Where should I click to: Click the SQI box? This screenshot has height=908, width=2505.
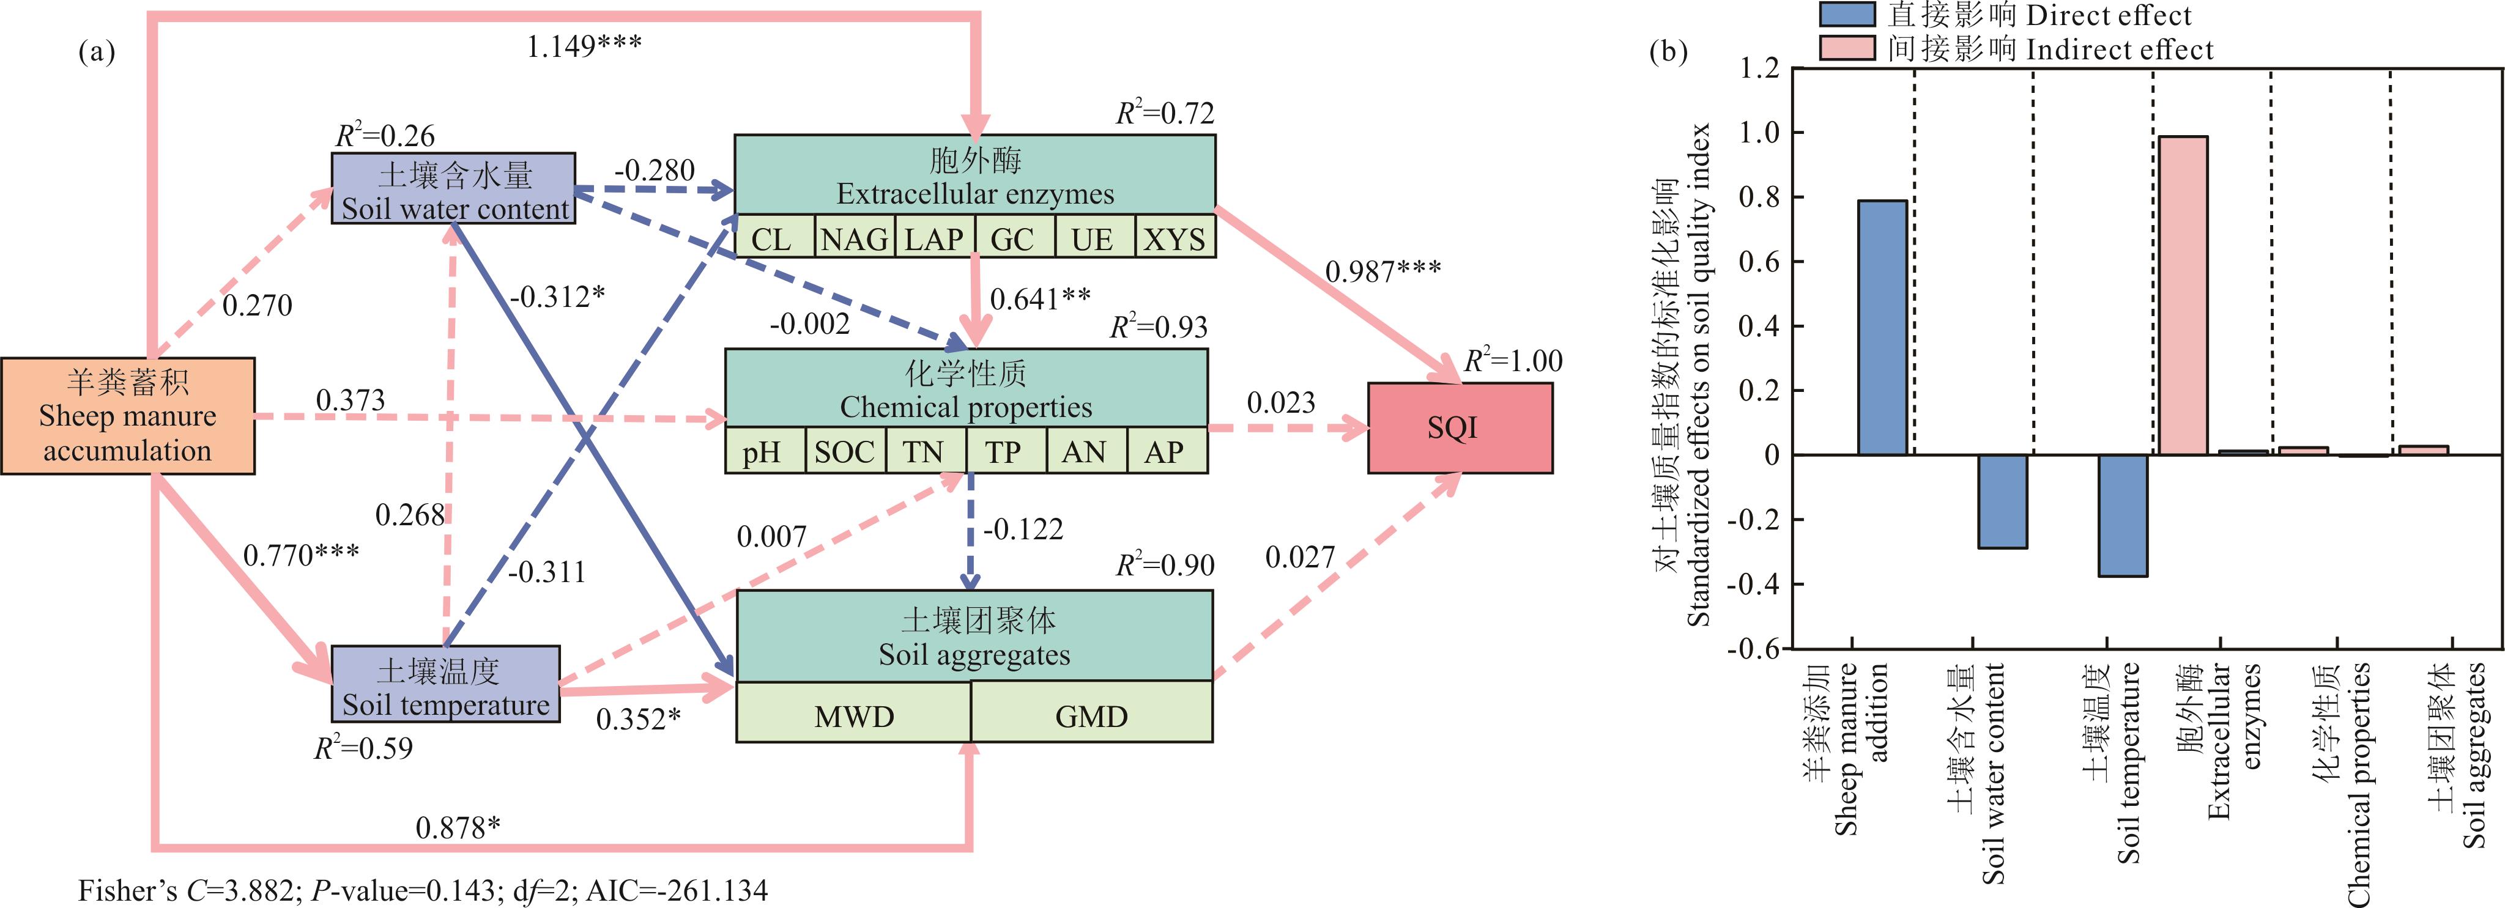[x=1460, y=428]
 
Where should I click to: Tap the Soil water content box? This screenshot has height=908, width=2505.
[x=453, y=188]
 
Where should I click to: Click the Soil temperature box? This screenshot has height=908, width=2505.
[x=445, y=684]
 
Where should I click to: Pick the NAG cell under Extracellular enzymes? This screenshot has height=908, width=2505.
[x=854, y=238]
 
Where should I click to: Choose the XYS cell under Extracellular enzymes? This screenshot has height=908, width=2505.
[x=1175, y=238]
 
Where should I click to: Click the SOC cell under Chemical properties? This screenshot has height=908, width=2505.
[x=845, y=451]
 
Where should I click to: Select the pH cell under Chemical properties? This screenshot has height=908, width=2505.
[x=764, y=451]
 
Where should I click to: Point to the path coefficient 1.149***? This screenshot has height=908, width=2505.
[x=584, y=45]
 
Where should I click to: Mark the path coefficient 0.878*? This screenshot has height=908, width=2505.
[x=457, y=827]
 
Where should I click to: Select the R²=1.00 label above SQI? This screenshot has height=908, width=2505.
[x=1513, y=361]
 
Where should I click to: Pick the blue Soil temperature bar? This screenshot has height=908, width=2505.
[x=2122, y=515]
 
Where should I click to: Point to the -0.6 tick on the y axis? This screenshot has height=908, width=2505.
[x=1753, y=648]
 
